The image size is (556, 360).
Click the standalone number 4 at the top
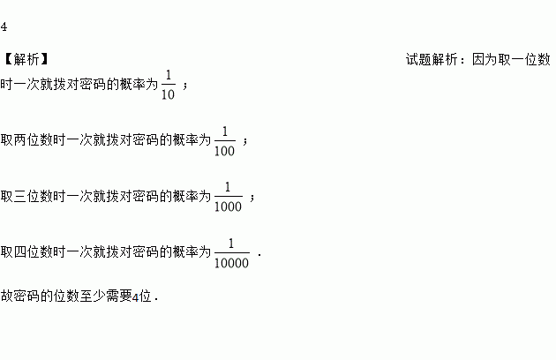click(4, 26)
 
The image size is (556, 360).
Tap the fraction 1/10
click(169, 86)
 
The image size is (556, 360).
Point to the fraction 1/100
click(224, 140)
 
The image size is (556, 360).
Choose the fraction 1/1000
click(228, 196)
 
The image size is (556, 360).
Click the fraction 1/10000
click(232, 251)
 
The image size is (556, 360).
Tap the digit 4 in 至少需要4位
click(136, 297)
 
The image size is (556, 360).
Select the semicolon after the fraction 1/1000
click(252, 197)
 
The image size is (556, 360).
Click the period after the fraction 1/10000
click(261, 254)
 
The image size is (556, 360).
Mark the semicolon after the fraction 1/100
click(245, 141)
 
